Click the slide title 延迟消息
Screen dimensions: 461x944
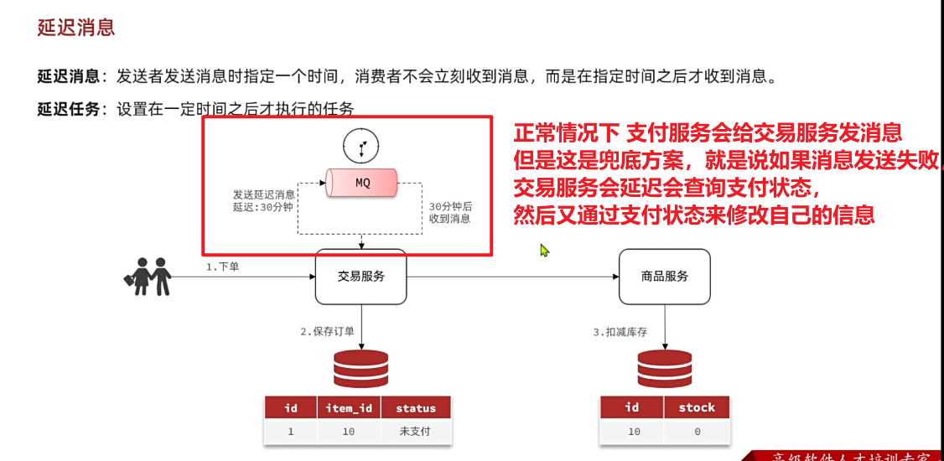76,28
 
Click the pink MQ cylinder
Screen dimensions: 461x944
362,183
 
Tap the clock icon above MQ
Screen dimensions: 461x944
361,147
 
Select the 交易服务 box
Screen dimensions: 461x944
360,276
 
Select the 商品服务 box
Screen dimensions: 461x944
664,276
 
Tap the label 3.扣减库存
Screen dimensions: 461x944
620,332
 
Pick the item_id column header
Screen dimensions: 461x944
349,408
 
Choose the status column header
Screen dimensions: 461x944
416,408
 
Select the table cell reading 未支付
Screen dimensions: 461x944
416,432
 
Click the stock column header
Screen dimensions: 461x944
697,407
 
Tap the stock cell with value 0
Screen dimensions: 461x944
697,432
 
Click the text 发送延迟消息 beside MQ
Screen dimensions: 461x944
263,194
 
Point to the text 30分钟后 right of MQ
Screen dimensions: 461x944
450,206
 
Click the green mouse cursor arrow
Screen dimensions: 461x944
544,250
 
